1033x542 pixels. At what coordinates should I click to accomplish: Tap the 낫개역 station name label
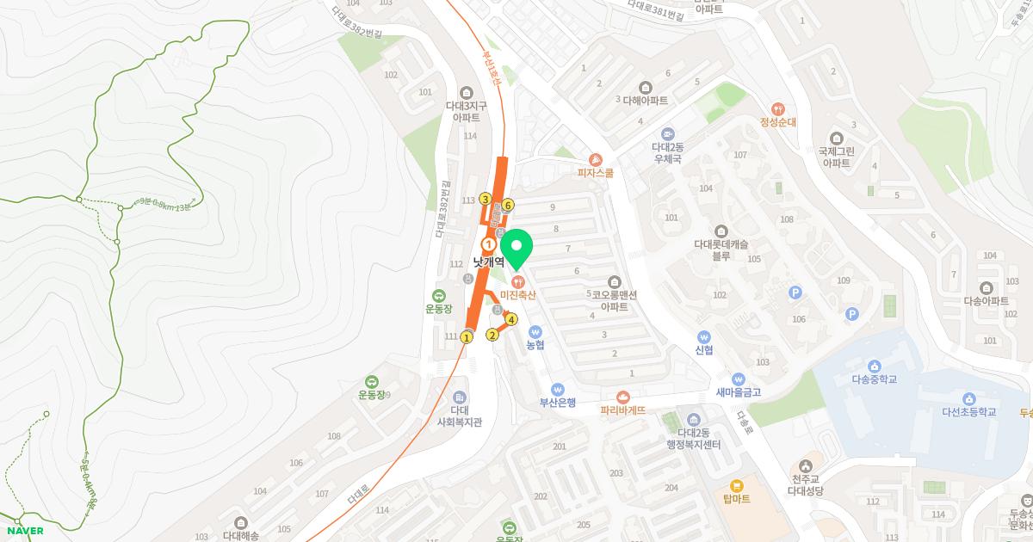(x=488, y=262)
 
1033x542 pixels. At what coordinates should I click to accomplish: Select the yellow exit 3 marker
(x=486, y=199)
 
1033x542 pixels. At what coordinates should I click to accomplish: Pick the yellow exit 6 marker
(x=508, y=205)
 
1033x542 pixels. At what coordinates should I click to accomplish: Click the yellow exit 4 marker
(x=511, y=320)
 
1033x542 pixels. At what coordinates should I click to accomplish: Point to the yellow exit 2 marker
(x=492, y=335)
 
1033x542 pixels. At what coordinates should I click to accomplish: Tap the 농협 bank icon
(x=535, y=331)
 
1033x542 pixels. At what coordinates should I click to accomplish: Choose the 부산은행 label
(x=557, y=402)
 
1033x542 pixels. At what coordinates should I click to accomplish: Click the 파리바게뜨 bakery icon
(x=622, y=397)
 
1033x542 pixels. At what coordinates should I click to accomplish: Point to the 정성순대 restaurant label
(x=777, y=122)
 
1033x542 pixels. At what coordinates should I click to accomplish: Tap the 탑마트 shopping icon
(x=737, y=486)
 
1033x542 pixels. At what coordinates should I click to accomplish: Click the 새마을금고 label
(x=738, y=392)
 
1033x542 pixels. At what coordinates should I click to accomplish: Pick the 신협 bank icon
(x=704, y=336)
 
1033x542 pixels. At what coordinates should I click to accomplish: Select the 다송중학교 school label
(x=874, y=379)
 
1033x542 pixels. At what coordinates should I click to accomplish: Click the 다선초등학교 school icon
(x=968, y=398)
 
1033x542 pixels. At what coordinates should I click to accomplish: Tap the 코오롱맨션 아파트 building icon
(x=614, y=281)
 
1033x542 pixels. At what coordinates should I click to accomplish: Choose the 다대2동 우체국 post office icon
(x=667, y=134)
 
